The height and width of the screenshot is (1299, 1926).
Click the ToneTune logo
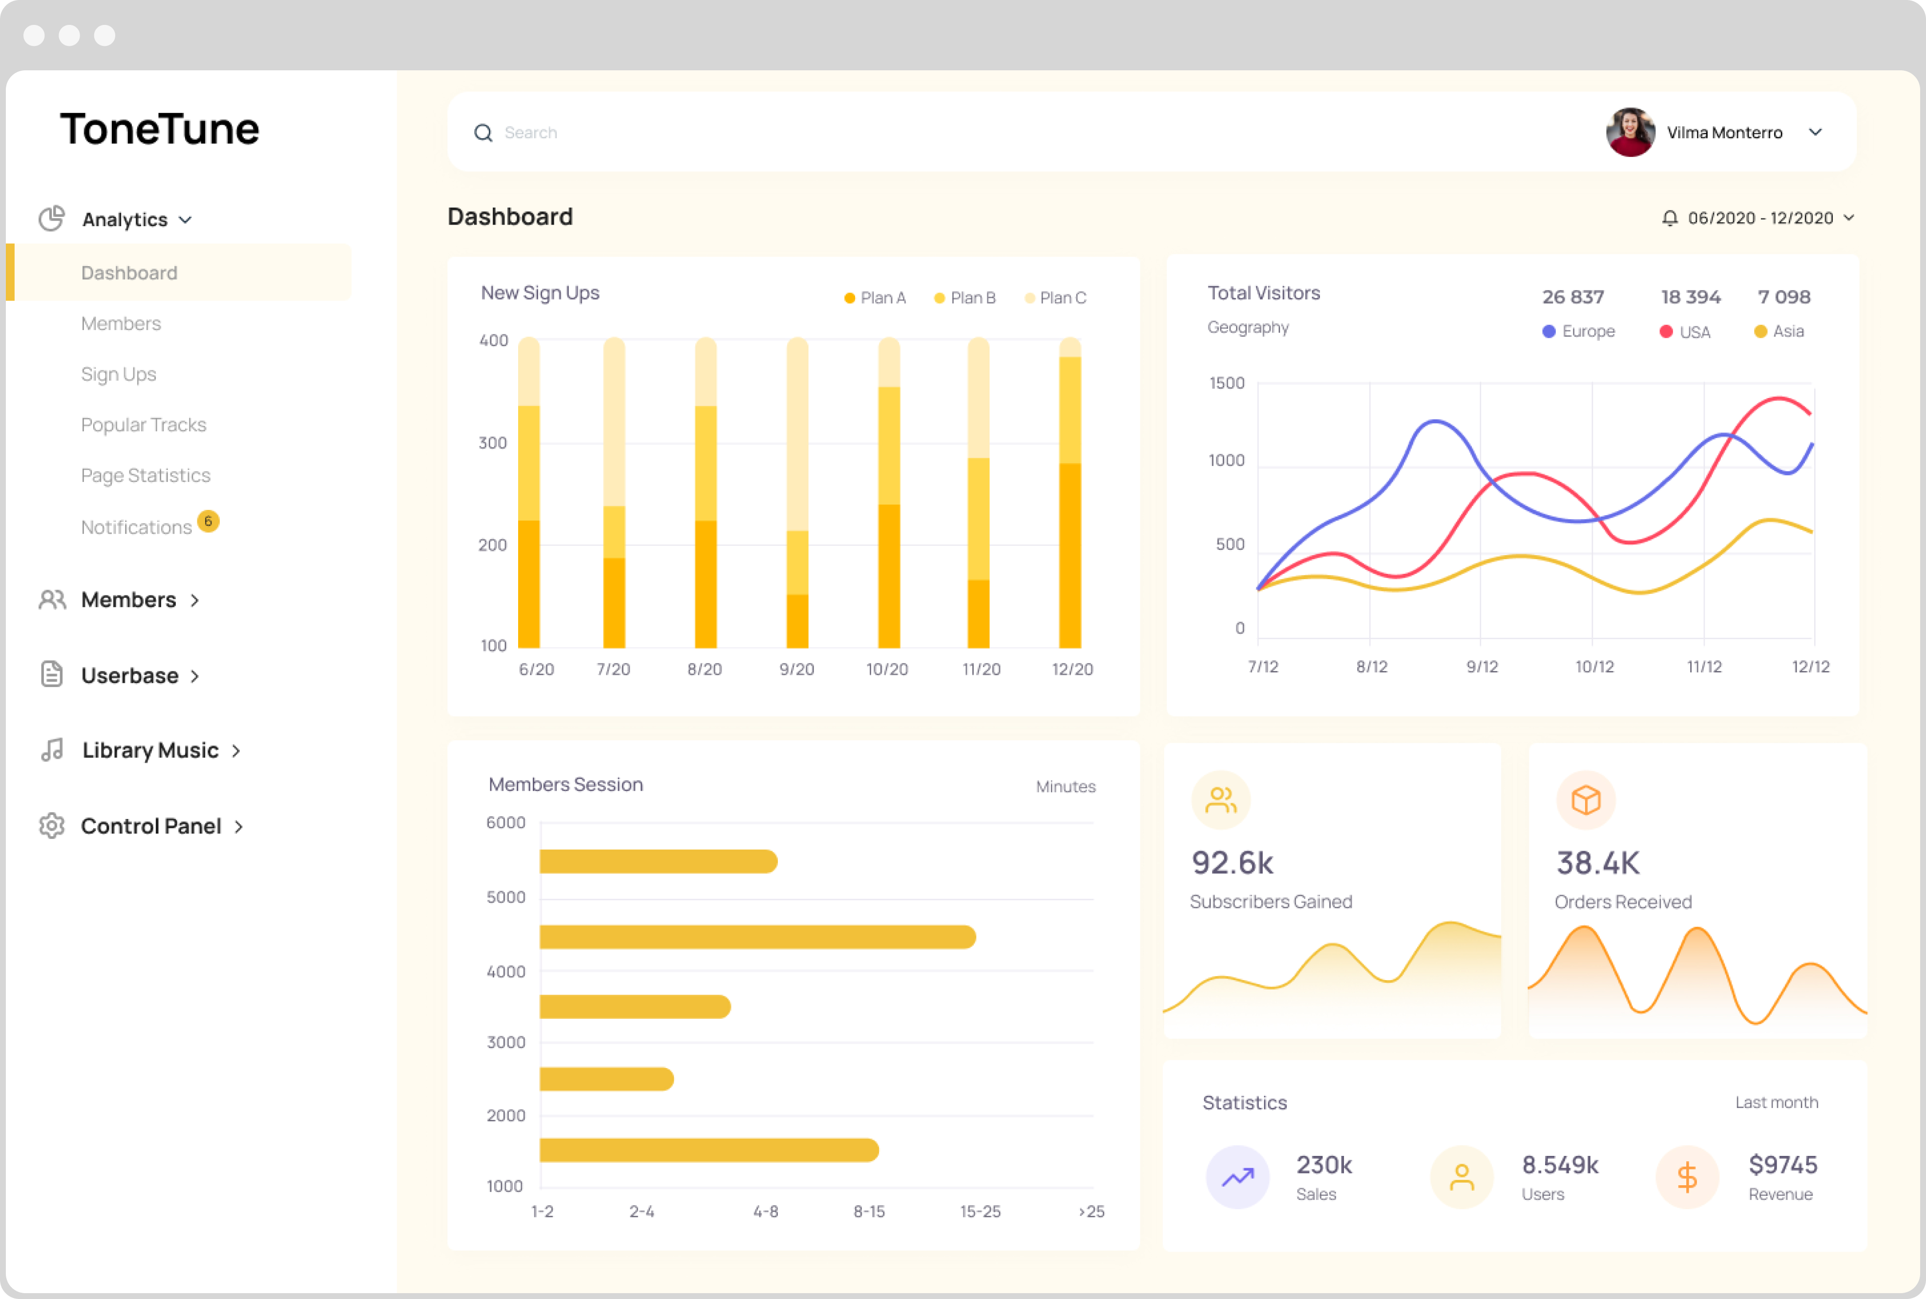coord(160,129)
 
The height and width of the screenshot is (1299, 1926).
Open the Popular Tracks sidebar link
coord(143,425)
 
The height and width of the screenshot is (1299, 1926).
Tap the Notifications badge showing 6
coord(208,521)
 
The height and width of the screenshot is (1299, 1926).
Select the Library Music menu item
coord(150,751)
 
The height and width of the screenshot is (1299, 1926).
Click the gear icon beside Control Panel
coord(51,826)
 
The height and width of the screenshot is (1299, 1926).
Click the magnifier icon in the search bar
coord(483,132)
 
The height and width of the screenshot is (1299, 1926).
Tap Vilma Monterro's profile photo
coord(1630,132)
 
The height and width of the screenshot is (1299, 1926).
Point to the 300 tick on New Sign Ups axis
coord(493,443)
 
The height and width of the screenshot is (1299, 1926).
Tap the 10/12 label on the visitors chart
coord(1594,667)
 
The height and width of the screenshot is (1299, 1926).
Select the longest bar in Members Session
coord(757,937)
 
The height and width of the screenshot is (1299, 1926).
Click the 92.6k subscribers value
coord(1232,863)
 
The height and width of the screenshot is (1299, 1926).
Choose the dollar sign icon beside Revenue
coord(1687,1177)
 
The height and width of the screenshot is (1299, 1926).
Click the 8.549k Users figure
coord(1560,1166)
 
